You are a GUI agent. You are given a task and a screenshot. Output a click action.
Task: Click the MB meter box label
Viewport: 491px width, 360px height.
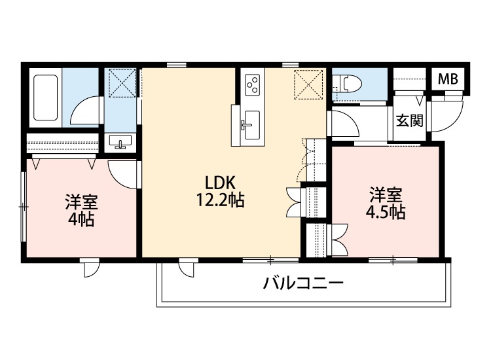click(448, 79)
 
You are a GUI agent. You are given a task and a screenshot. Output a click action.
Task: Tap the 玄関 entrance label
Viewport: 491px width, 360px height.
click(410, 120)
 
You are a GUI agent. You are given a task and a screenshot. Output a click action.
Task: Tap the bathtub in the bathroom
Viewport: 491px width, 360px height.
click(46, 99)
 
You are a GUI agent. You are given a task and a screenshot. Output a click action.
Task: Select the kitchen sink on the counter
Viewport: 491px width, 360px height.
click(250, 122)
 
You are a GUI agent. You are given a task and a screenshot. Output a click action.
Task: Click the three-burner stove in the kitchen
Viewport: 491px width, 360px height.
click(253, 84)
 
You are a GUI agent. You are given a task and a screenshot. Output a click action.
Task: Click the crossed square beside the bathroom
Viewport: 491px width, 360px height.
click(121, 83)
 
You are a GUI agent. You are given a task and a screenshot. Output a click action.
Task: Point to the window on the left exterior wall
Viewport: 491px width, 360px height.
click(24, 206)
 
